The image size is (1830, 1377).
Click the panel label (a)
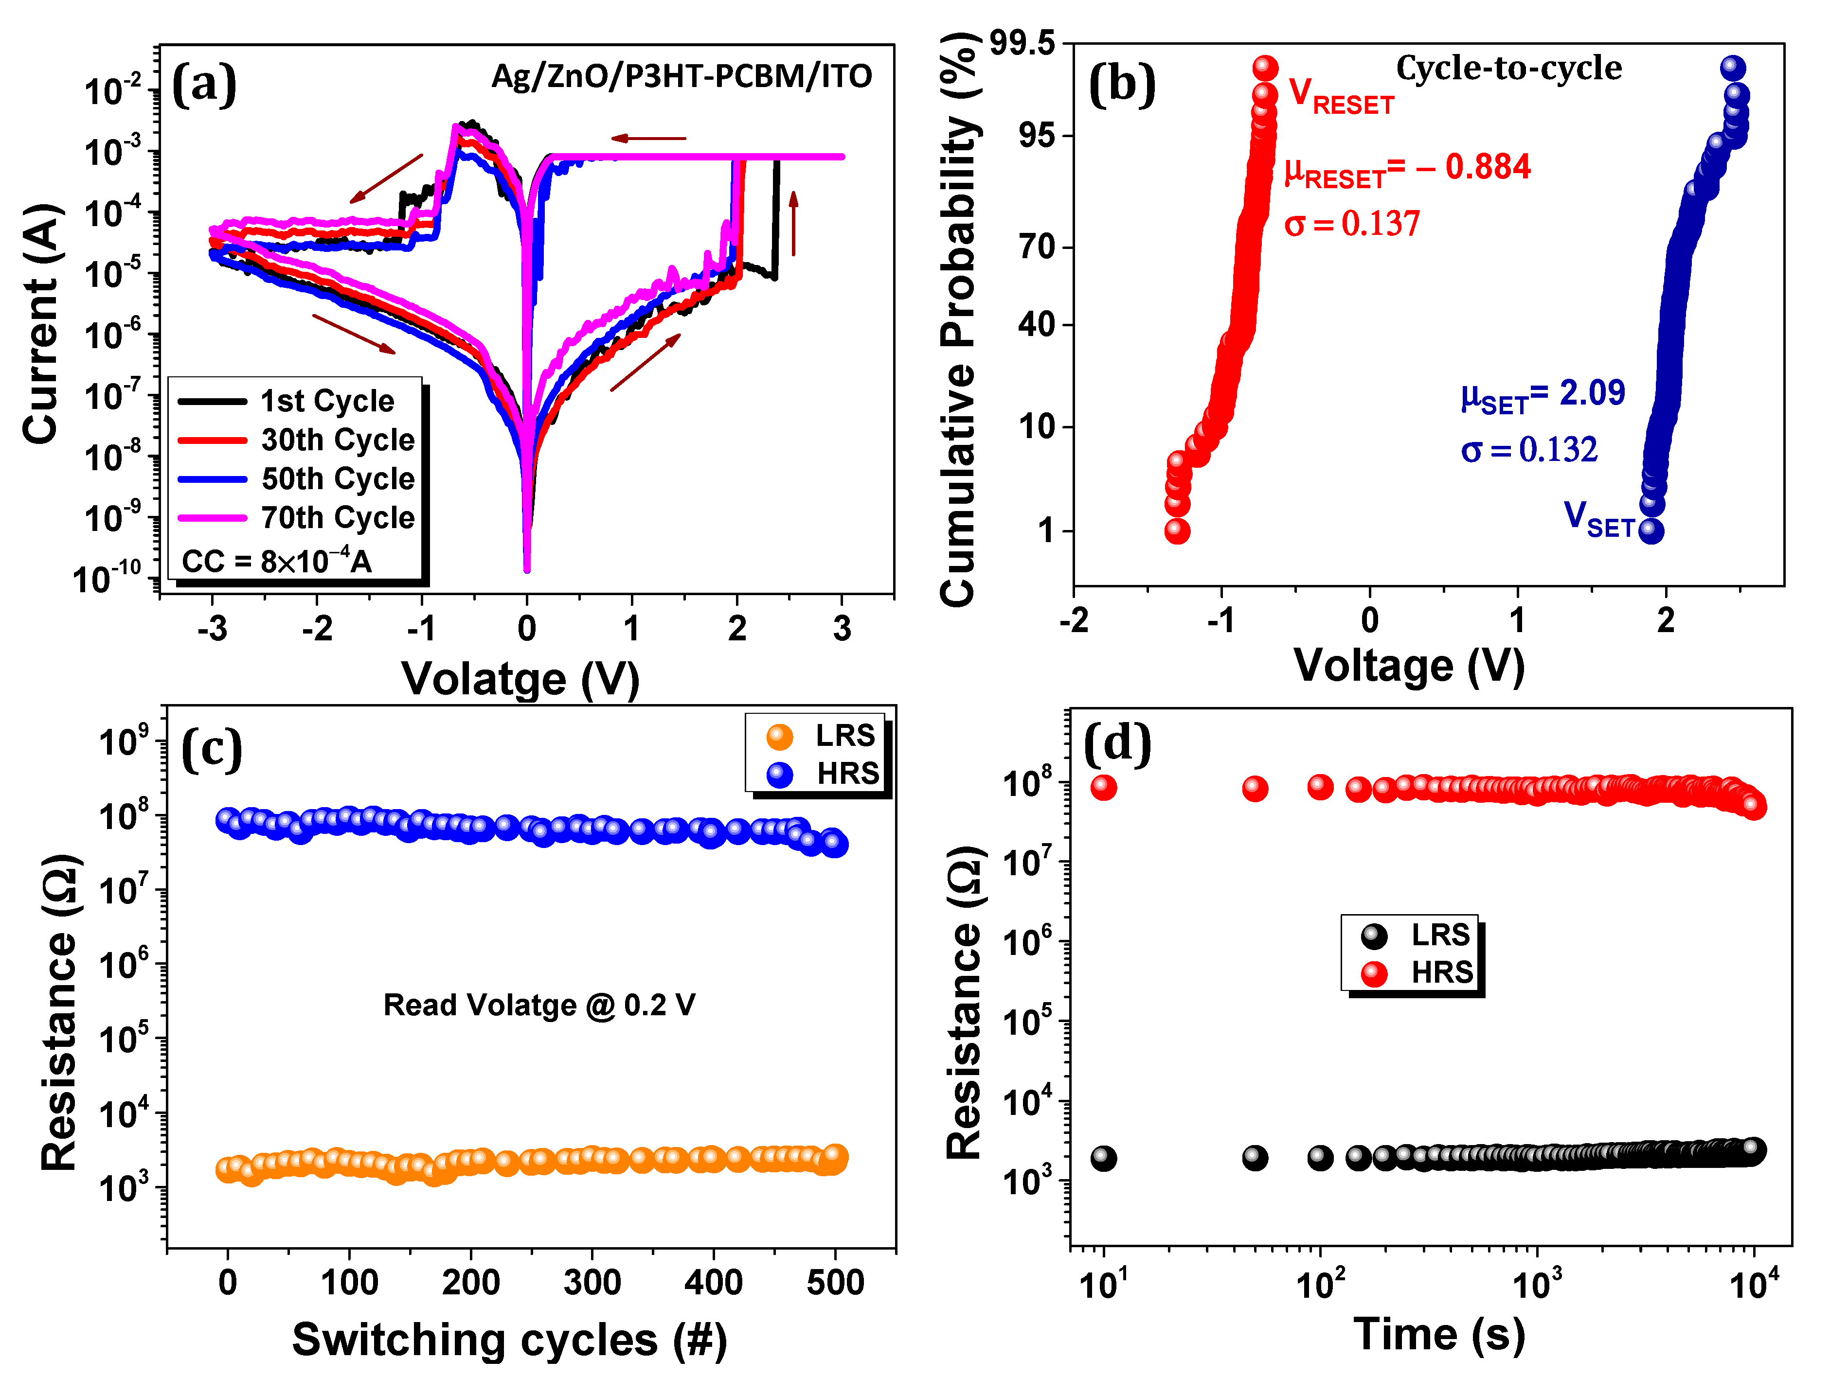tap(203, 85)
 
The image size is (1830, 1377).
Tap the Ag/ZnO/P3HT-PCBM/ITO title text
tap(681, 76)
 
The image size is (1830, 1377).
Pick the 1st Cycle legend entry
tap(327, 401)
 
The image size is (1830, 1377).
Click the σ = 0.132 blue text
tap(1529, 450)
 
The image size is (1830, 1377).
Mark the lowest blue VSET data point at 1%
tap(1651, 530)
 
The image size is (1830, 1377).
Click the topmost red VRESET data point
tap(1265, 67)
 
